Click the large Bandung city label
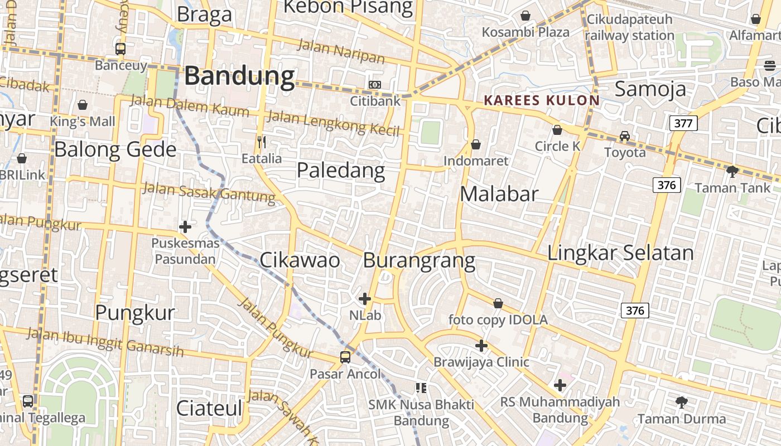pos(239,76)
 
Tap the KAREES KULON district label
pos(541,100)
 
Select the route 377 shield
pos(683,123)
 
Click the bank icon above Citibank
pos(375,85)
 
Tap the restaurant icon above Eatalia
pos(261,142)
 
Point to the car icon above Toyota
pos(625,136)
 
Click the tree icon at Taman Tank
pos(732,171)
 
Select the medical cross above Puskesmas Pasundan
pos(185,227)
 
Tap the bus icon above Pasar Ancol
pos(345,357)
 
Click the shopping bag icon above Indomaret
pos(476,145)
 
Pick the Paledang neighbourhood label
pos(340,171)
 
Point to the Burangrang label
pos(419,260)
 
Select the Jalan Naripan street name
pos(341,51)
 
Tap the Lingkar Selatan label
pos(620,253)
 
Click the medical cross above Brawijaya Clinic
pos(481,346)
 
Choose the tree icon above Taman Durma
pos(681,402)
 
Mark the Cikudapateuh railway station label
pos(630,27)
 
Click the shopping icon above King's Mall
pos(83,105)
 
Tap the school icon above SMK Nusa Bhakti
pos(421,387)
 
